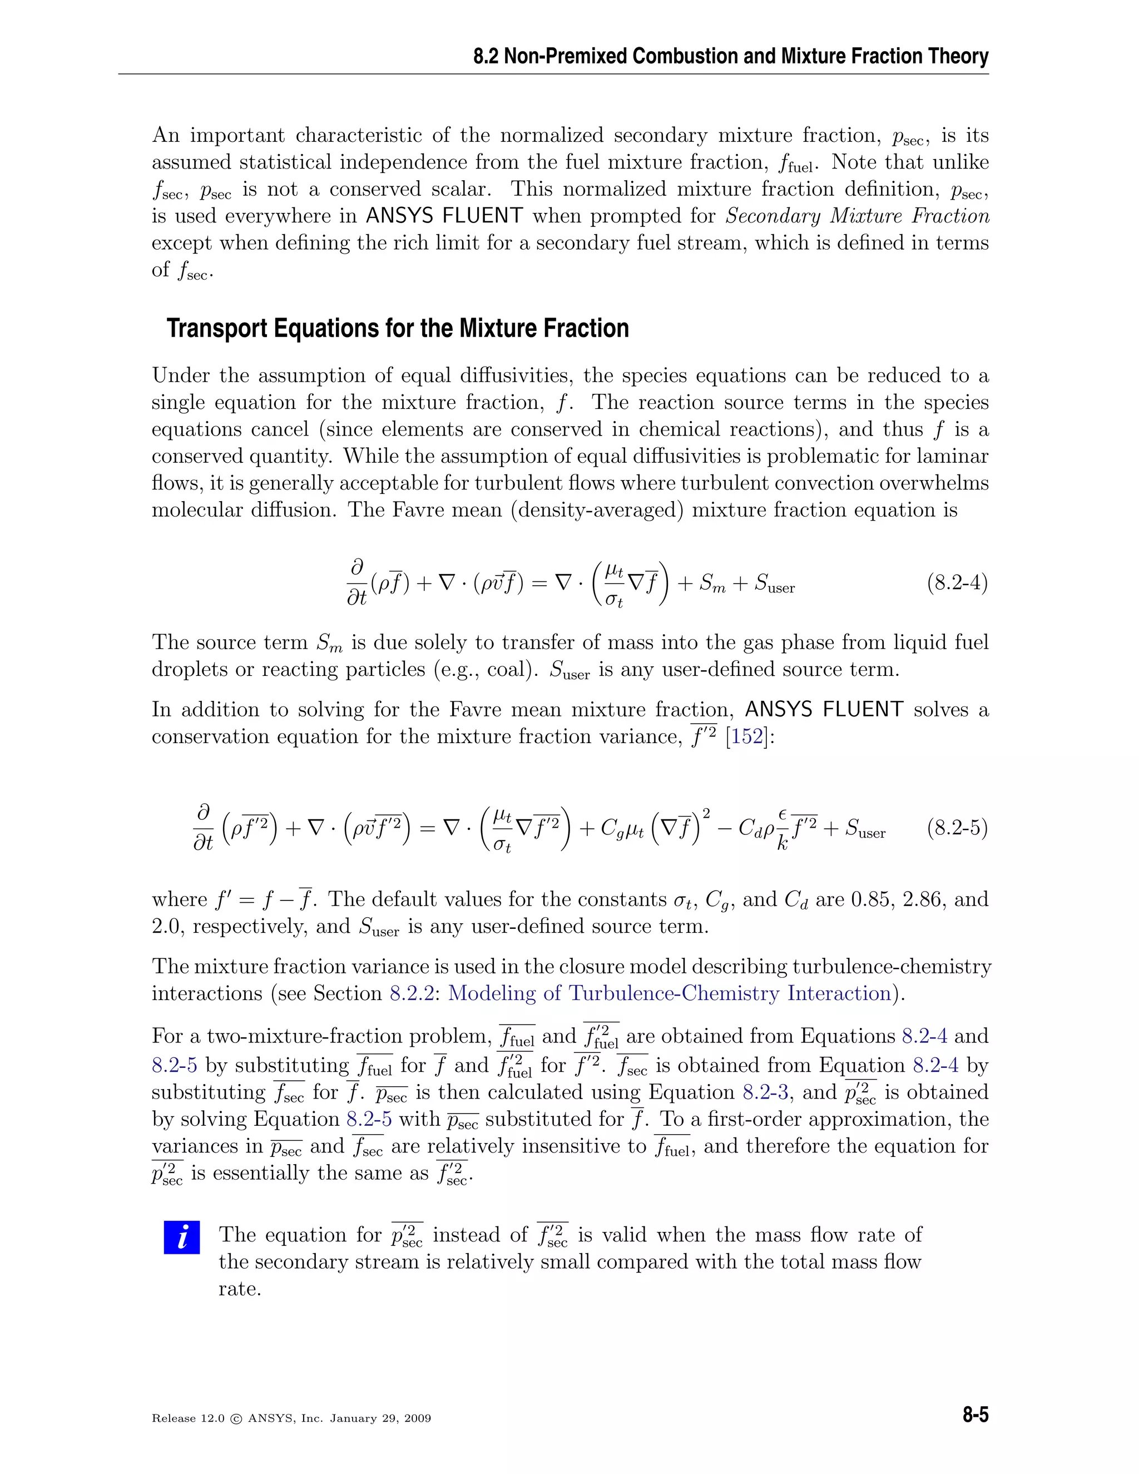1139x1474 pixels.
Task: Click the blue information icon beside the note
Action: (181, 1237)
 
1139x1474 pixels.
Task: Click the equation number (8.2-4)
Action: (957, 582)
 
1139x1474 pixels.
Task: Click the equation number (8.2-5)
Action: (957, 828)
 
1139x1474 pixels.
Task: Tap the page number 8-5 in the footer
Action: (975, 1414)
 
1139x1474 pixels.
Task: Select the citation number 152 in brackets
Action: (747, 736)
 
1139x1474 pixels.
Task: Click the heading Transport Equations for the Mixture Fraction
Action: (398, 329)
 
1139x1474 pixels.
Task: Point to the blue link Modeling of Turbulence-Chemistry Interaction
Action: (670, 993)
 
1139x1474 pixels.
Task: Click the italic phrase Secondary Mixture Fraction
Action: (857, 216)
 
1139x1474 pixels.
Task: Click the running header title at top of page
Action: (731, 56)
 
